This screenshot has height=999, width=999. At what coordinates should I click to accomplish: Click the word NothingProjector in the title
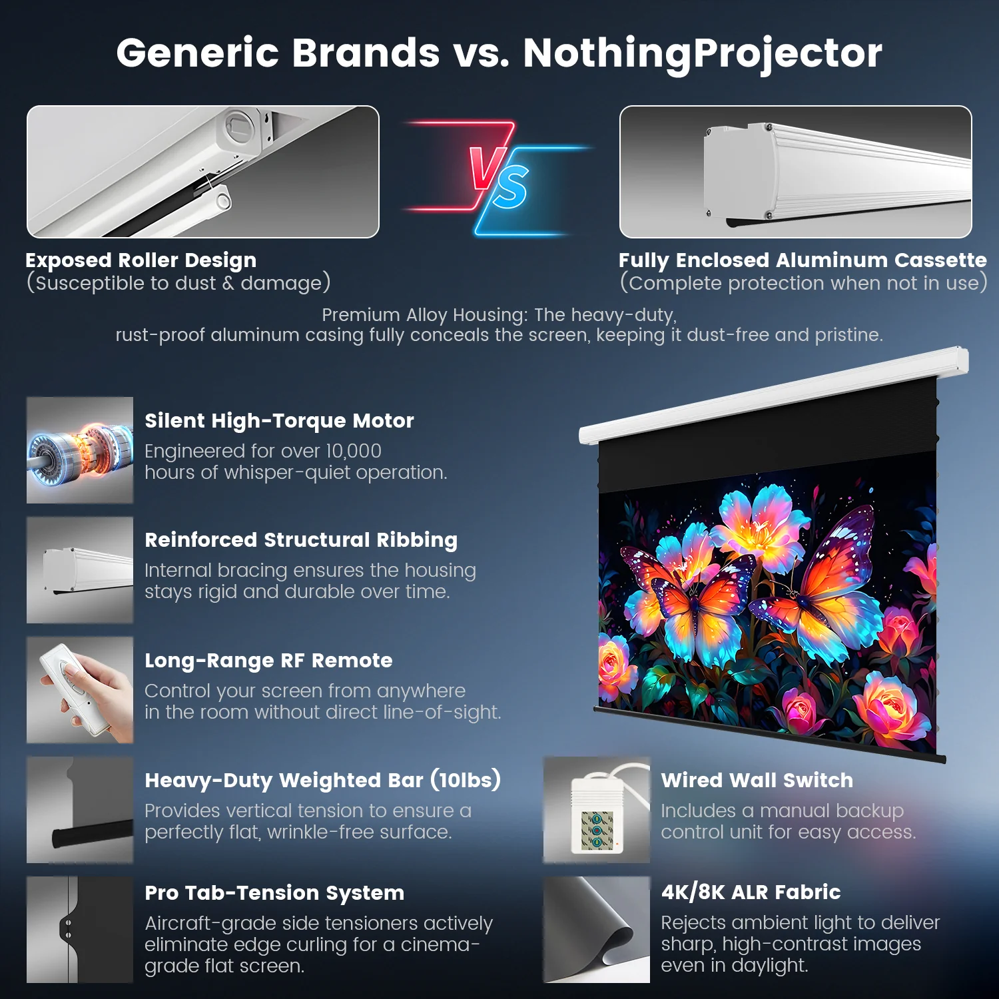(x=703, y=53)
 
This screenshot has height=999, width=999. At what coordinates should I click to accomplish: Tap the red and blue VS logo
(x=498, y=177)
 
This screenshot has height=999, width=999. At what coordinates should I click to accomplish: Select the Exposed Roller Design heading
(x=141, y=260)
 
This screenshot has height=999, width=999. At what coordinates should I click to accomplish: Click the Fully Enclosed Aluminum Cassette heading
(x=802, y=260)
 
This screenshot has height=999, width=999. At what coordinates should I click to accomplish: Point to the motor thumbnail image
(x=80, y=450)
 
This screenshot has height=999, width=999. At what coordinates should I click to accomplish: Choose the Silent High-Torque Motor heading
(x=279, y=420)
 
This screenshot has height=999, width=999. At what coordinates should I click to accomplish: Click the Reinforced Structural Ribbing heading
(x=301, y=539)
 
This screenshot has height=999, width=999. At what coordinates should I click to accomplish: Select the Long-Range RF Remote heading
(x=268, y=660)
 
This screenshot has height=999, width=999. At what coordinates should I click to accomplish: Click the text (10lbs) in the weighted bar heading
(x=466, y=779)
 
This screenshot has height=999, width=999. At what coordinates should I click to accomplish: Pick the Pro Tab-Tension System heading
(x=274, y=892)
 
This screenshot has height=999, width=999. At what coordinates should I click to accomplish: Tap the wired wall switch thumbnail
(x=597, y=810)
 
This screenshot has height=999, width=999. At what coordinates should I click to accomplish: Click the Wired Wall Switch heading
(x=757, y=780)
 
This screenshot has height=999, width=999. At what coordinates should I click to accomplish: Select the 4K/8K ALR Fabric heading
(x=751, y=892)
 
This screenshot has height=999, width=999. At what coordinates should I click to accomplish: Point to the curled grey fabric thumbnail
(x=597, y=930)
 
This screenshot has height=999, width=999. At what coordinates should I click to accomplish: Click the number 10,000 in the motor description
(x=353, y=451)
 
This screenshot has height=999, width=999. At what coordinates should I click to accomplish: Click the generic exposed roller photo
(x=203, y=172)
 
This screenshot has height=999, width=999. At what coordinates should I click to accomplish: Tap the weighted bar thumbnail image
(x=80, y=810)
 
